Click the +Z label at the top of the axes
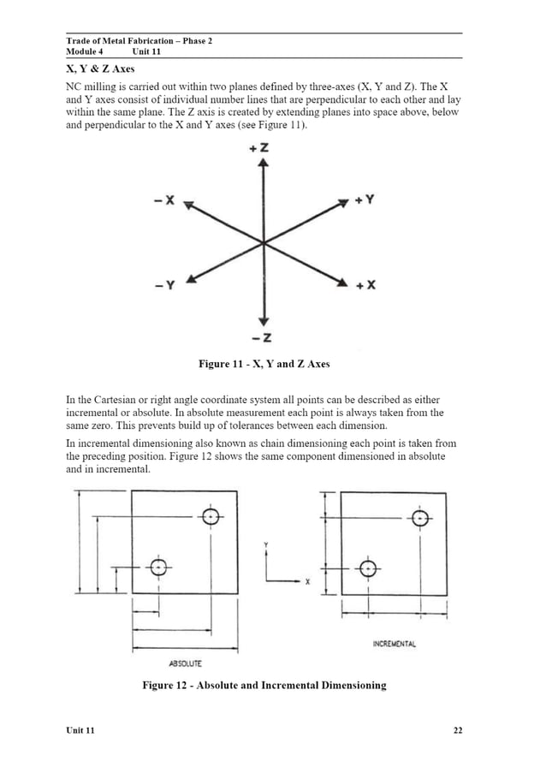pos(262,149)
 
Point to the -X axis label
pos(164,201)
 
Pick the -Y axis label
pos(165,285)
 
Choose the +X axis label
pos(365,285)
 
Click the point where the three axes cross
pos(263,243)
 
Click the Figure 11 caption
pos(264,365)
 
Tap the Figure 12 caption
pos(264,685)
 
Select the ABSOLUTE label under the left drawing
pos(185,663)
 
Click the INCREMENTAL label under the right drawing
pos(395,643)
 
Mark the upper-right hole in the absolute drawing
pos(211,516)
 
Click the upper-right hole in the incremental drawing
pos(419,518)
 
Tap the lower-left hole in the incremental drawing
pos(367,568)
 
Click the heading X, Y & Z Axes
pos(100,68)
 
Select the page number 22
pos(457,730)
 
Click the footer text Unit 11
pos(80,730)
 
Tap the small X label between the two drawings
pos(307,582)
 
